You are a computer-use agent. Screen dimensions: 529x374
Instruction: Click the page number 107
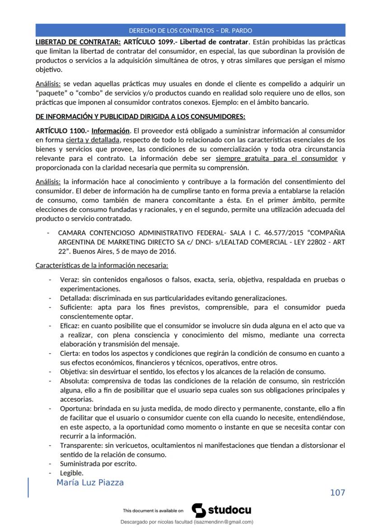337,492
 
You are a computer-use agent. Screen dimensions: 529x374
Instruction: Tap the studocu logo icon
199,510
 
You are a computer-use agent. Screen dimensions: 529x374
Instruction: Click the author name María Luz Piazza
90,482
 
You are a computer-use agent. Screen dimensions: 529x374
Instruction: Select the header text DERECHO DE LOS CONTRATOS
170,31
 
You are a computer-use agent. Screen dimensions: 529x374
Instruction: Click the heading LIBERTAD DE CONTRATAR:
78,42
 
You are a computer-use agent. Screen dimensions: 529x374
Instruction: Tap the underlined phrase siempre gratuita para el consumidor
276,159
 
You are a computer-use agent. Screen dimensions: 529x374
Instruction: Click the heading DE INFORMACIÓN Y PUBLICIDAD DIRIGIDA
140,117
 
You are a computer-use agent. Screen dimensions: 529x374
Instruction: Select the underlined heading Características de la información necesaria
102,265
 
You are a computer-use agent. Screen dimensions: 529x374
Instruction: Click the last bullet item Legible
71,473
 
